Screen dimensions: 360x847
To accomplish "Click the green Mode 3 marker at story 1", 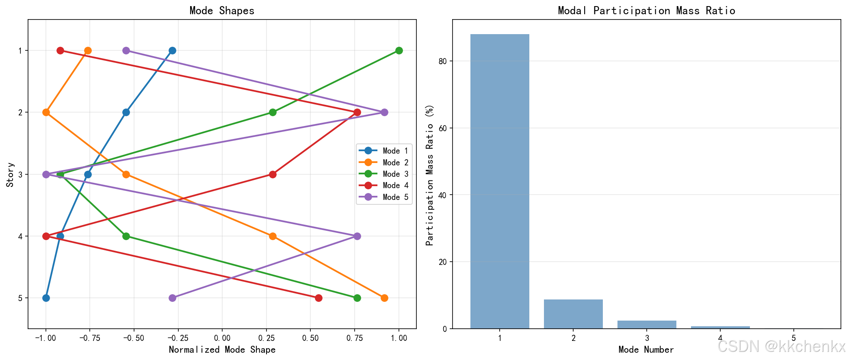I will click(399, 51).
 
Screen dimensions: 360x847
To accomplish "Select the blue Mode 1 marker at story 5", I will click(46, 298).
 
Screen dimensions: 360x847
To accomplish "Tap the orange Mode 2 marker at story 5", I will click(384, 298).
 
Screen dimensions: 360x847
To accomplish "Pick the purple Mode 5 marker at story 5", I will click(172, 298).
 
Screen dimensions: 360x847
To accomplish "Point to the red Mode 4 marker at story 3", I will click(273, 174).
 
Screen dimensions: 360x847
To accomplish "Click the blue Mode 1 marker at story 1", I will click(172, 51).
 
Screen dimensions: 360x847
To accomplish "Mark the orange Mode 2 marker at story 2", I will click(46, 113).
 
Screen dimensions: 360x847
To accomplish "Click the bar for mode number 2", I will click(573, 314).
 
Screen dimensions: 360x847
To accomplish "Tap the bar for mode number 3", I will click(647, 324).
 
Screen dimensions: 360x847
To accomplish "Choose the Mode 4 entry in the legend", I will click(384, 186).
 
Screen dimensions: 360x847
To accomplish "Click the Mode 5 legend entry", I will click(384, 197).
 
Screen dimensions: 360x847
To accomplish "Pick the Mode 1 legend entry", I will click(384, 151).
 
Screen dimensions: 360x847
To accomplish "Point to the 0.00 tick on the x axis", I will click(222, 338).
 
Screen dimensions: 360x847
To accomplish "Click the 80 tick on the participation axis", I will click(442, 61).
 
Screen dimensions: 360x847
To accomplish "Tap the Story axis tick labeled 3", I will click(20, 174).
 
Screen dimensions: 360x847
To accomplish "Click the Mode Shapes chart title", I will click(222, 11).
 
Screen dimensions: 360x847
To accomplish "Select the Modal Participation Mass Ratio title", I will click(646, 11).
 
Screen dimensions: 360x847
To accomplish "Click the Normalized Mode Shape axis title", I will click(222, 350).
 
